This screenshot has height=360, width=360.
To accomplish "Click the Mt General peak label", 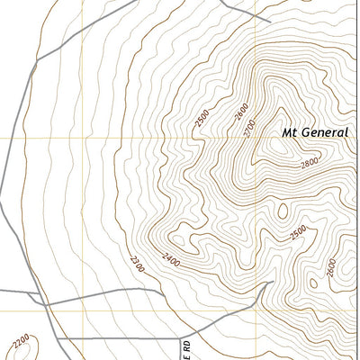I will [x=315, y=132].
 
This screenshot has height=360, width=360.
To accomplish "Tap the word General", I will [x=326, y=132].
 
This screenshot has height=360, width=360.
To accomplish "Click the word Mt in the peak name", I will [x=290, y=132].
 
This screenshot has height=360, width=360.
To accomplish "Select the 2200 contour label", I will [x=22, y=342].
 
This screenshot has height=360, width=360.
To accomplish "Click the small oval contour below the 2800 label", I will [x=284, y=211].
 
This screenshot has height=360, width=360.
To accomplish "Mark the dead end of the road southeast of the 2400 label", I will [x=267, y=282].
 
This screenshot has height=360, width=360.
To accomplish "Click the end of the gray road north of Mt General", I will [x=270, y=21].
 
